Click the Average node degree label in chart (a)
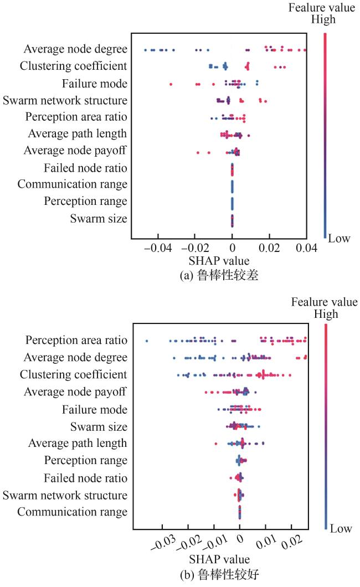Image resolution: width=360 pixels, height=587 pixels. pos(75,50)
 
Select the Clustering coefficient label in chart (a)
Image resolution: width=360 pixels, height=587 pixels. pos(73,66)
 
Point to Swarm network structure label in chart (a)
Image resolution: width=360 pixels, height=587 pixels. pos(65,100)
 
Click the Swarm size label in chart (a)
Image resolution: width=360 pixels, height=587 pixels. pos(99,218)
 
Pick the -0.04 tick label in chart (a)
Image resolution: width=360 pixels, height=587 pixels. pos(157,248)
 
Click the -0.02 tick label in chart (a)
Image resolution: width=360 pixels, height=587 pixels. pos(194,248)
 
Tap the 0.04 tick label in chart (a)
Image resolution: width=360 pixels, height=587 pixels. pos(306,248)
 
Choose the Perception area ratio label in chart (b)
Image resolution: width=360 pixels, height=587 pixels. pos(76,339)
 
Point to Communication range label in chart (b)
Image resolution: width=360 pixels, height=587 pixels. pos(72,512)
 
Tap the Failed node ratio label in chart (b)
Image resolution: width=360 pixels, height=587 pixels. pos(86,477)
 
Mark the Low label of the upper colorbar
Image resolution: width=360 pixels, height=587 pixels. pos(340,238)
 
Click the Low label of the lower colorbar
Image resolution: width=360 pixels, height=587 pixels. pos(341,529)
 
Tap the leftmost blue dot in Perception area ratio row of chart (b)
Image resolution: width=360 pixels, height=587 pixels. pos(147,341)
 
